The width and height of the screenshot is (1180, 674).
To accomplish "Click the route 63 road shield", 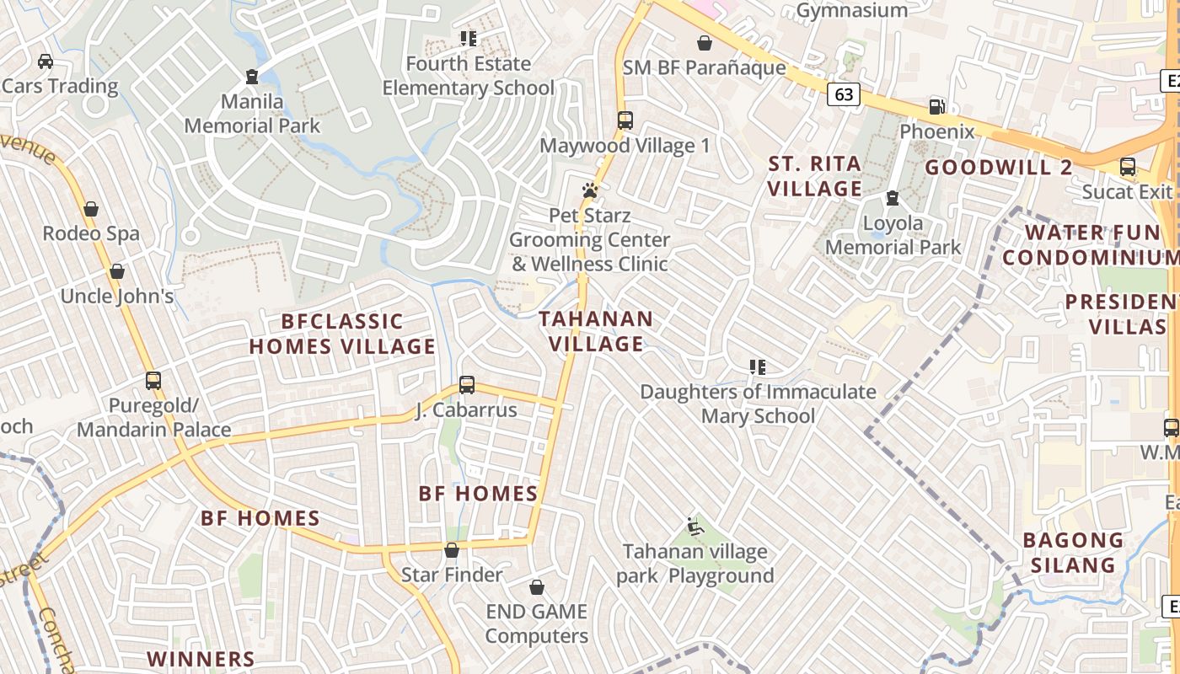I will [843, 94].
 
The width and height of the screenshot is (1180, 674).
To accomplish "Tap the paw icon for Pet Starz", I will [590, 190].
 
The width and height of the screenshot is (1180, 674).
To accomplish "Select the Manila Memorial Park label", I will [252, 114].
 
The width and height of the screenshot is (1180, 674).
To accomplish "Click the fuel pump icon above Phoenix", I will [936, 107].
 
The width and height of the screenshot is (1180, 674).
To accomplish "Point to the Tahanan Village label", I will [596, 331].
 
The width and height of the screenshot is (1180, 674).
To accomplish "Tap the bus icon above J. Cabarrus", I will [467, 385].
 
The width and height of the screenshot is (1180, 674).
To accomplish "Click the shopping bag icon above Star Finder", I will [452, 550].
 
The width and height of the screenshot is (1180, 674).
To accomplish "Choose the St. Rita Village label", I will [814, 176].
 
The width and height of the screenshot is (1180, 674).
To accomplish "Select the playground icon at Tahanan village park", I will [695, 527].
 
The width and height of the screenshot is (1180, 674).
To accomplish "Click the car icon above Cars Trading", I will [46, 61].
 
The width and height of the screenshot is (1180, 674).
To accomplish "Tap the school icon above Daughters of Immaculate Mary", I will [758, 366].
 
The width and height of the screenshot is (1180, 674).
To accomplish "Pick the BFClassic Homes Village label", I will [342, 334].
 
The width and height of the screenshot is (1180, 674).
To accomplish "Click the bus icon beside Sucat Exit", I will [1128, 167].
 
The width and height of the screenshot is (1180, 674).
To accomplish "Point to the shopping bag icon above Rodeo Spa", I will [91, 209].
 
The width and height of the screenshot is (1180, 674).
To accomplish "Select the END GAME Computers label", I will [536, 623].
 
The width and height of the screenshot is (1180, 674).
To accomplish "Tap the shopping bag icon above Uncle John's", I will [117, 271].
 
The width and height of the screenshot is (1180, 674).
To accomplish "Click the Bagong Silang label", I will [1073, 552].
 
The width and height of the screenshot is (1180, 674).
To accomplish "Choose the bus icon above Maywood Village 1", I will [625, 120].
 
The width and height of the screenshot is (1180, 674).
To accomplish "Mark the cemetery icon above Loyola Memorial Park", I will [893, 198].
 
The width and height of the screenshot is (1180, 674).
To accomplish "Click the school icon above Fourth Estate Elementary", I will [469, 38].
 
